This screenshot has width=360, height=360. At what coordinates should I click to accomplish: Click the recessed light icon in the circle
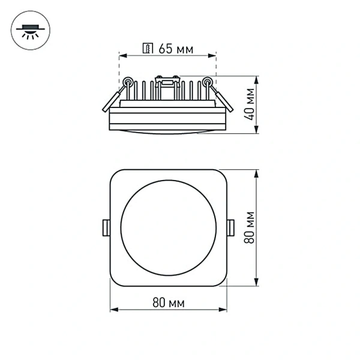pos(28,30)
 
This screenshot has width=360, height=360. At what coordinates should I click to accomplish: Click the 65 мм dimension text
pos(176,49)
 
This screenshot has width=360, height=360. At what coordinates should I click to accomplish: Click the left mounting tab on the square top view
pos(106,227)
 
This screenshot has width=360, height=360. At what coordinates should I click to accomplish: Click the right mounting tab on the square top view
pos(232,227)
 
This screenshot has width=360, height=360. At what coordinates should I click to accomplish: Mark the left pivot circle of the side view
pos(128,82)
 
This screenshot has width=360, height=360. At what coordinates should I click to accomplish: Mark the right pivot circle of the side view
pos(207,82)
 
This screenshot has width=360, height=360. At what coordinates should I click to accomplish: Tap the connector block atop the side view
pos(167,79)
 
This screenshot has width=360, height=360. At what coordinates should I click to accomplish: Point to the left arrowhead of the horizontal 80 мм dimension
pos(114,310)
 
